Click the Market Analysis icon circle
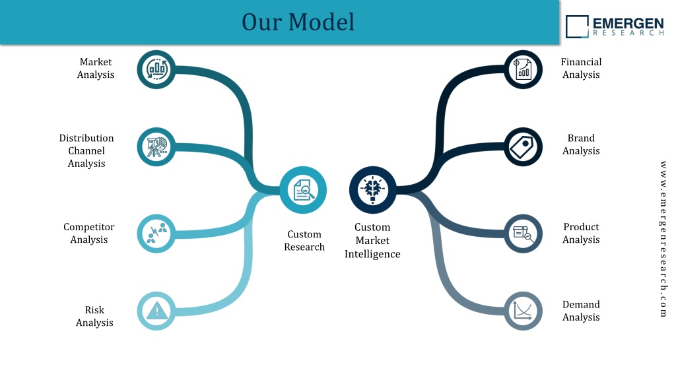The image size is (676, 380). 156,69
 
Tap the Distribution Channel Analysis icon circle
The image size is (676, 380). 156,147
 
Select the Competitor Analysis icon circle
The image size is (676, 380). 156,234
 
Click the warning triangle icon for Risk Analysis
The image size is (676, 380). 157,311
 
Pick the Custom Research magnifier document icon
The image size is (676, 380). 304,190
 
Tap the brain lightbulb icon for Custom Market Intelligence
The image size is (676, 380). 373,189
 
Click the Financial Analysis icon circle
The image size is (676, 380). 523,69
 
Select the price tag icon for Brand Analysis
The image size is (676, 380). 522,147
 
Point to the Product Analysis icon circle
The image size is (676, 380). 523,234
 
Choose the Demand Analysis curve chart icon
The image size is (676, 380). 523,311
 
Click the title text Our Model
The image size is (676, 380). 298,22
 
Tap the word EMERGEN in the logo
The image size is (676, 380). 628,23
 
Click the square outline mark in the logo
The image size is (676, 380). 577,26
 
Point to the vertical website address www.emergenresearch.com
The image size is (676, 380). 663,239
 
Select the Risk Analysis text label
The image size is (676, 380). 94,316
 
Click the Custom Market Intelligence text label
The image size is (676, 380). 372,240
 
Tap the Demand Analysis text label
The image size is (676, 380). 581,311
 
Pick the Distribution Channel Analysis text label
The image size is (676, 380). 86,151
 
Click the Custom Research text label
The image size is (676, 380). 304,240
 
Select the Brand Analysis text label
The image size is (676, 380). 581,144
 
